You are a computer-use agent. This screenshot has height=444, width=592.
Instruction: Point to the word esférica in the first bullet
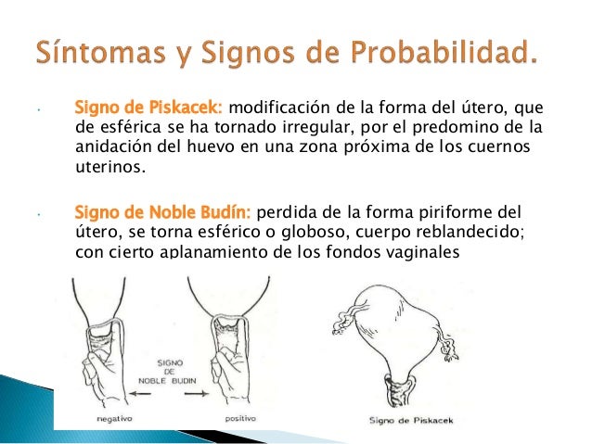click(126, 127)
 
